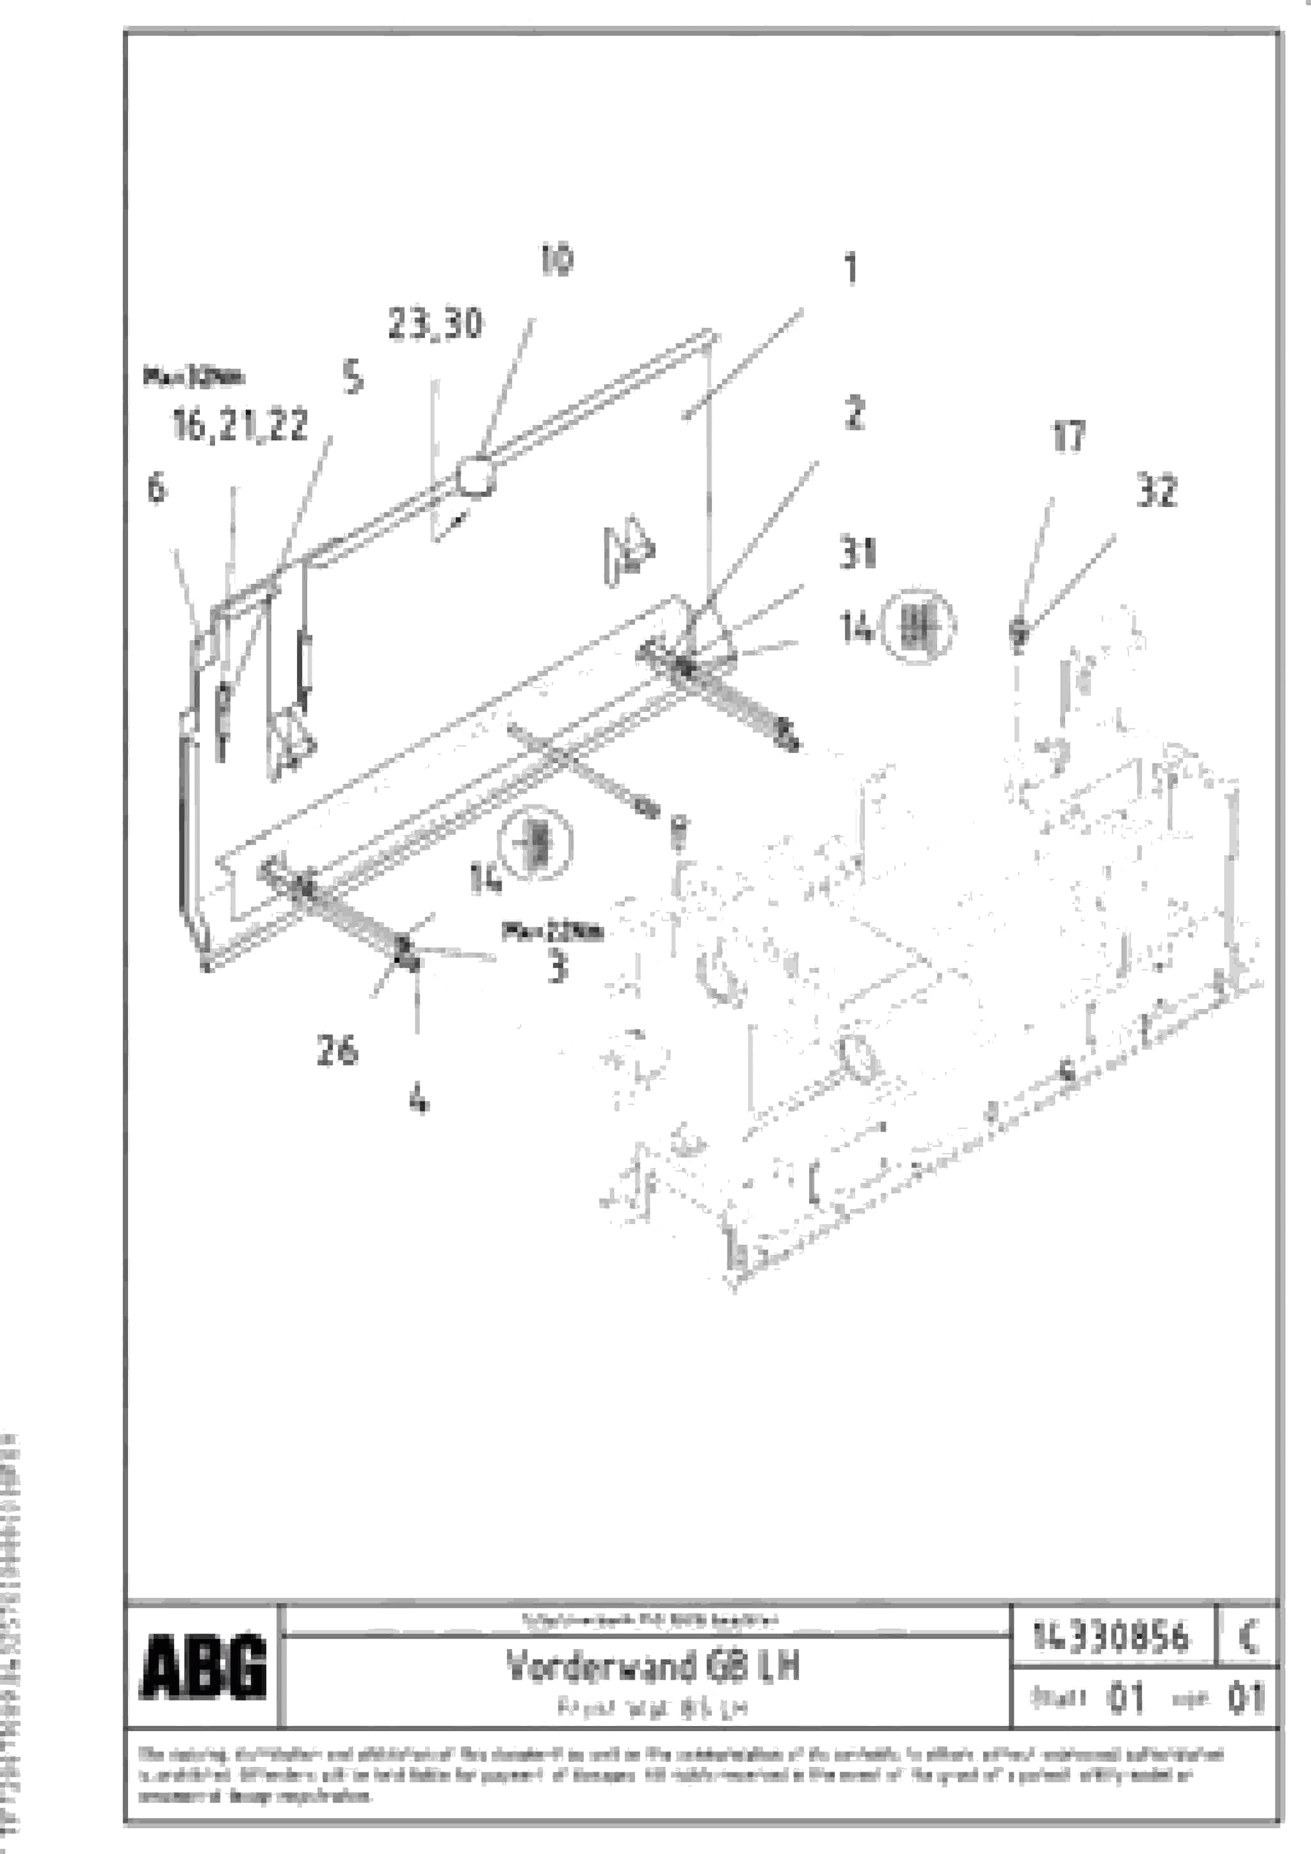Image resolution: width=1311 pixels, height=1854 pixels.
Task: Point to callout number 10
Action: (x=556, y=261)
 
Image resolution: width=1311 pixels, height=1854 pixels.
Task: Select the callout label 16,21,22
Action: (x=240, y=426)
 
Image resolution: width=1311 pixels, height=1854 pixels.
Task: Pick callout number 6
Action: (x=157, y=488)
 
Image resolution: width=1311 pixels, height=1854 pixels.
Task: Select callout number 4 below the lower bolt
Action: (x=418, y=1099)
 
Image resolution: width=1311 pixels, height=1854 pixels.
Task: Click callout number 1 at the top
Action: (x=850, y=269)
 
